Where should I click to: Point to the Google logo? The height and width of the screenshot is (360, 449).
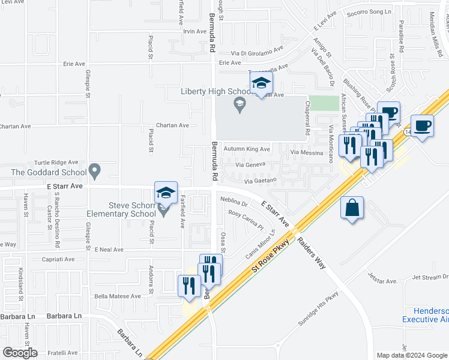coord(20,353)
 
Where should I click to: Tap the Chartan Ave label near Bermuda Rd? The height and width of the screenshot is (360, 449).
coord(172,125)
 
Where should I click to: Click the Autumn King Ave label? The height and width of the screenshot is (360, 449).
coord(247,149)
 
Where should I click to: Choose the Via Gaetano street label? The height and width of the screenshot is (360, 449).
coord(260,181)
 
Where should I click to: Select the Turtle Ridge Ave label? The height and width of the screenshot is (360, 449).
coord(56,163)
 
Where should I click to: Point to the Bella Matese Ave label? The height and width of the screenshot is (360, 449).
coord(117,296)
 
